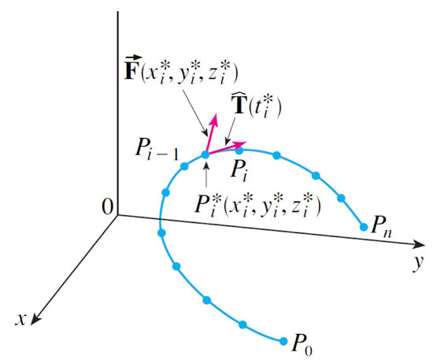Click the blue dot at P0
tap(283, 341)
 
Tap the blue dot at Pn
tap(364, 227)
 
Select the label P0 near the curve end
tap(302, 344)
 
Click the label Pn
tap(381, 227)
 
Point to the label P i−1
tap(157, 150)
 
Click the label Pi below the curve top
tap(239, 171)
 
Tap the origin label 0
tap(107, 207)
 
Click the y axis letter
tap(417, 263)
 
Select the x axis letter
tap(20, 320)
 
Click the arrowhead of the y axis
tap(420, 243)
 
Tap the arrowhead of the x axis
tap(35, 321)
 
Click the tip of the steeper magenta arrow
tap(215, 113)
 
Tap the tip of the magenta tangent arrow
tap(246, 143)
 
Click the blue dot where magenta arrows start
tap(205, 154)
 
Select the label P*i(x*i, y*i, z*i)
tap(257, 205)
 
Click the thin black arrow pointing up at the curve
tap(206, 174)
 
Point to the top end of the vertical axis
tap(118, 12)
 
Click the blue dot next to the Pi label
tap(239, 150)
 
